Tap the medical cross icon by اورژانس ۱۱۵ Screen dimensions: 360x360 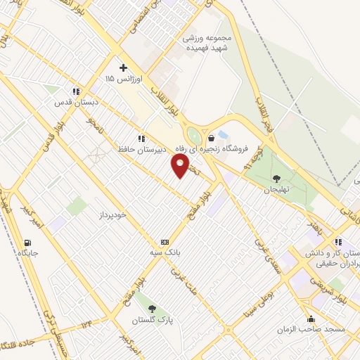click(x=124, y=68)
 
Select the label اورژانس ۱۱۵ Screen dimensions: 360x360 click(x=123, y=80)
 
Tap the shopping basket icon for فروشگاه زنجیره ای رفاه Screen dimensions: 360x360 click(x=212, y=139)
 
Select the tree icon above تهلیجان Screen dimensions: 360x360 click(x=276, y=178)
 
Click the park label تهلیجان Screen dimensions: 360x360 click(x=276, y=190)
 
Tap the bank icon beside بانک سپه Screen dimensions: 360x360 click(x=165, y=240)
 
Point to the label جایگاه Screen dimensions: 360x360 click(x=28, y=252)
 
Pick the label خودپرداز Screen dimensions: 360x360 click(x=112, y=214)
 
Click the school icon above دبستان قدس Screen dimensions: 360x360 click(x=76, y=91)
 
